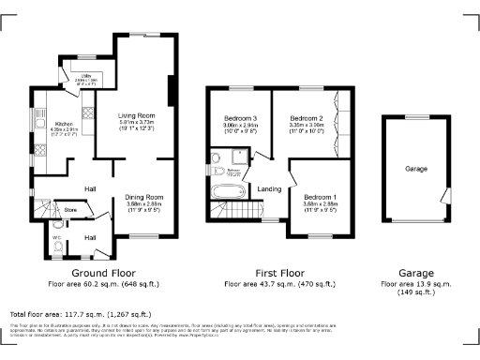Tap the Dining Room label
[145, 195]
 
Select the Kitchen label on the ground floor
[64, 124]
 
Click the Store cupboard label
[69, 210]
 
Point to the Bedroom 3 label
[239, 119]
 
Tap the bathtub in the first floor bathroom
[228, 192]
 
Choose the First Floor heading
[271, 273]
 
